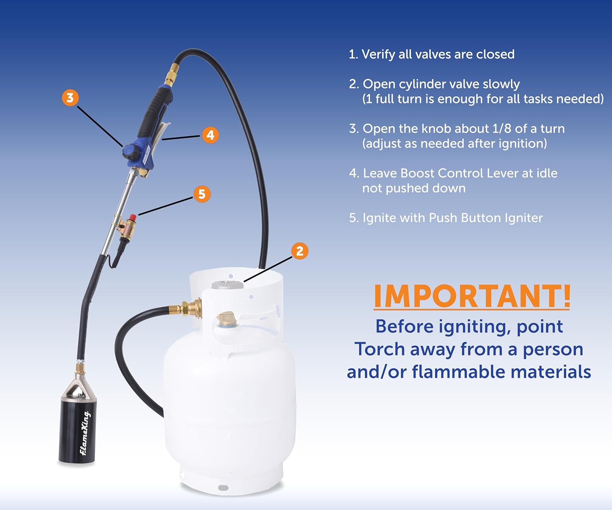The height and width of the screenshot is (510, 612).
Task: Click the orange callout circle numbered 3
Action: click(x=70, y=98)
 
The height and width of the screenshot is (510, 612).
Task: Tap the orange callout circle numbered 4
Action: click(x=210, y=135)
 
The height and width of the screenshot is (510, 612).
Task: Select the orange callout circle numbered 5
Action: click(x=202, y=194)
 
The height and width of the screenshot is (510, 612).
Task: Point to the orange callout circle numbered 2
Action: click(x=299, y=251)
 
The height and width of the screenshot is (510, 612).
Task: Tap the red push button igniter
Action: click(x=133, y=218)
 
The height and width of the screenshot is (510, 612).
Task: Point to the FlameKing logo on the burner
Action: click(x=85, y=433)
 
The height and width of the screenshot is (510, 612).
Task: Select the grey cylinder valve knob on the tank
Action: click(x=227, y=284)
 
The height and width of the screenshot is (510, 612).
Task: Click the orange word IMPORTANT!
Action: click(x=472, y=296)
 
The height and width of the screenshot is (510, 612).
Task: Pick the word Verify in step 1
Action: click(x=378, y=55)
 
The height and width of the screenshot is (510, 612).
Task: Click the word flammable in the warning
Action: click(x=459, y=372)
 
